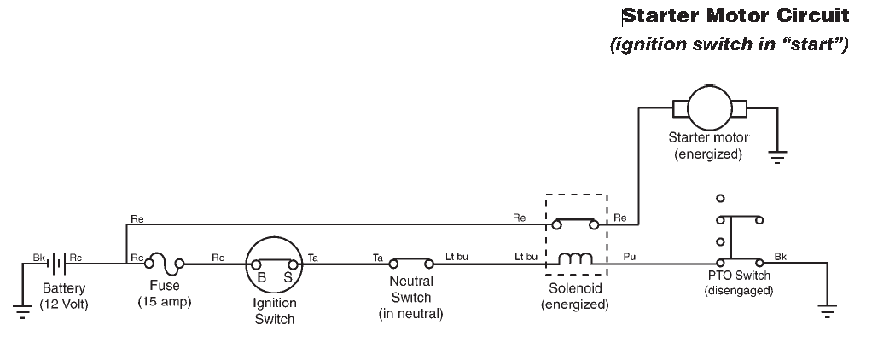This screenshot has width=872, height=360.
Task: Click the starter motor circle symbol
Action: click(x=710, y=108)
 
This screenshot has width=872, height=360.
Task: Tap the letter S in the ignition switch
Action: click(x=288, y=277)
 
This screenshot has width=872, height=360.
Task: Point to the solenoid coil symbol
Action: click(x=575, y=258)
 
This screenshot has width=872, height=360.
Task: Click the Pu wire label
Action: click(x=630, y=255)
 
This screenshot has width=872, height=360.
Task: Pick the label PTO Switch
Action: click(x=739, y=276)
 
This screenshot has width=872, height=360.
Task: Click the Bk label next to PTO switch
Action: click(x=781, y=255)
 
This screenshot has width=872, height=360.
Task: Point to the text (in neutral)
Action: click(x=410, y=314)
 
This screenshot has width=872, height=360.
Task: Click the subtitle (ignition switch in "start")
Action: click(x=729, y=45)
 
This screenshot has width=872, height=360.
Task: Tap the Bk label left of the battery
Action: click(x=38, y=256)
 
